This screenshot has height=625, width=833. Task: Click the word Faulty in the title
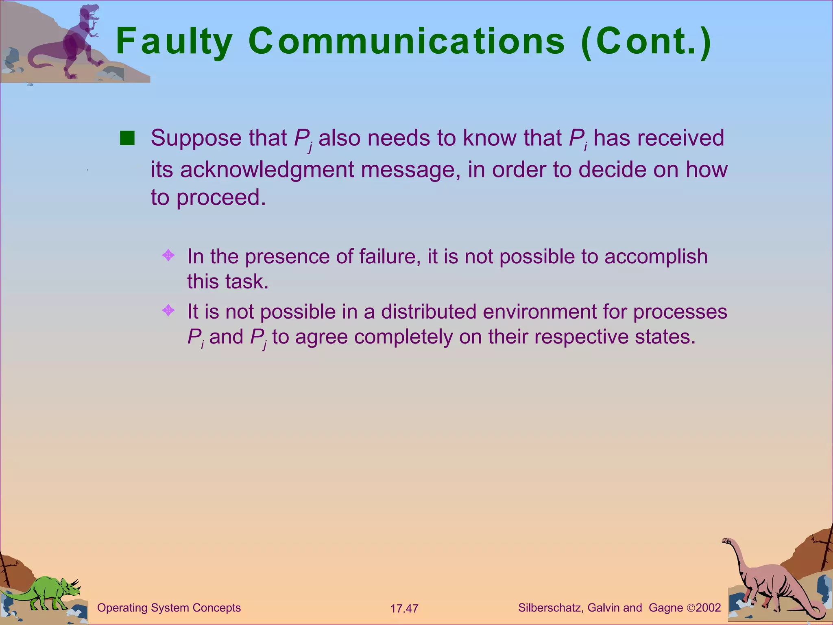click(x=174, y=42)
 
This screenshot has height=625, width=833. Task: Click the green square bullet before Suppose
click(x=127, y=138)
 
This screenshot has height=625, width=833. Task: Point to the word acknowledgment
click(x=267, y=170)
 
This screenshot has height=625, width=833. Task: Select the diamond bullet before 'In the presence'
click(x=168, y=256)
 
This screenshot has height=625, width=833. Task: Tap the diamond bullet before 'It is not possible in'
click(x=168, y=311)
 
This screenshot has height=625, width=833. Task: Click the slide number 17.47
click(x=404, y=609)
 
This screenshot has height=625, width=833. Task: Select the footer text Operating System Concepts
click(x=169, y=608)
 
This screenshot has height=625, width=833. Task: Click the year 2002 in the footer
click(x=708, y=608)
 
